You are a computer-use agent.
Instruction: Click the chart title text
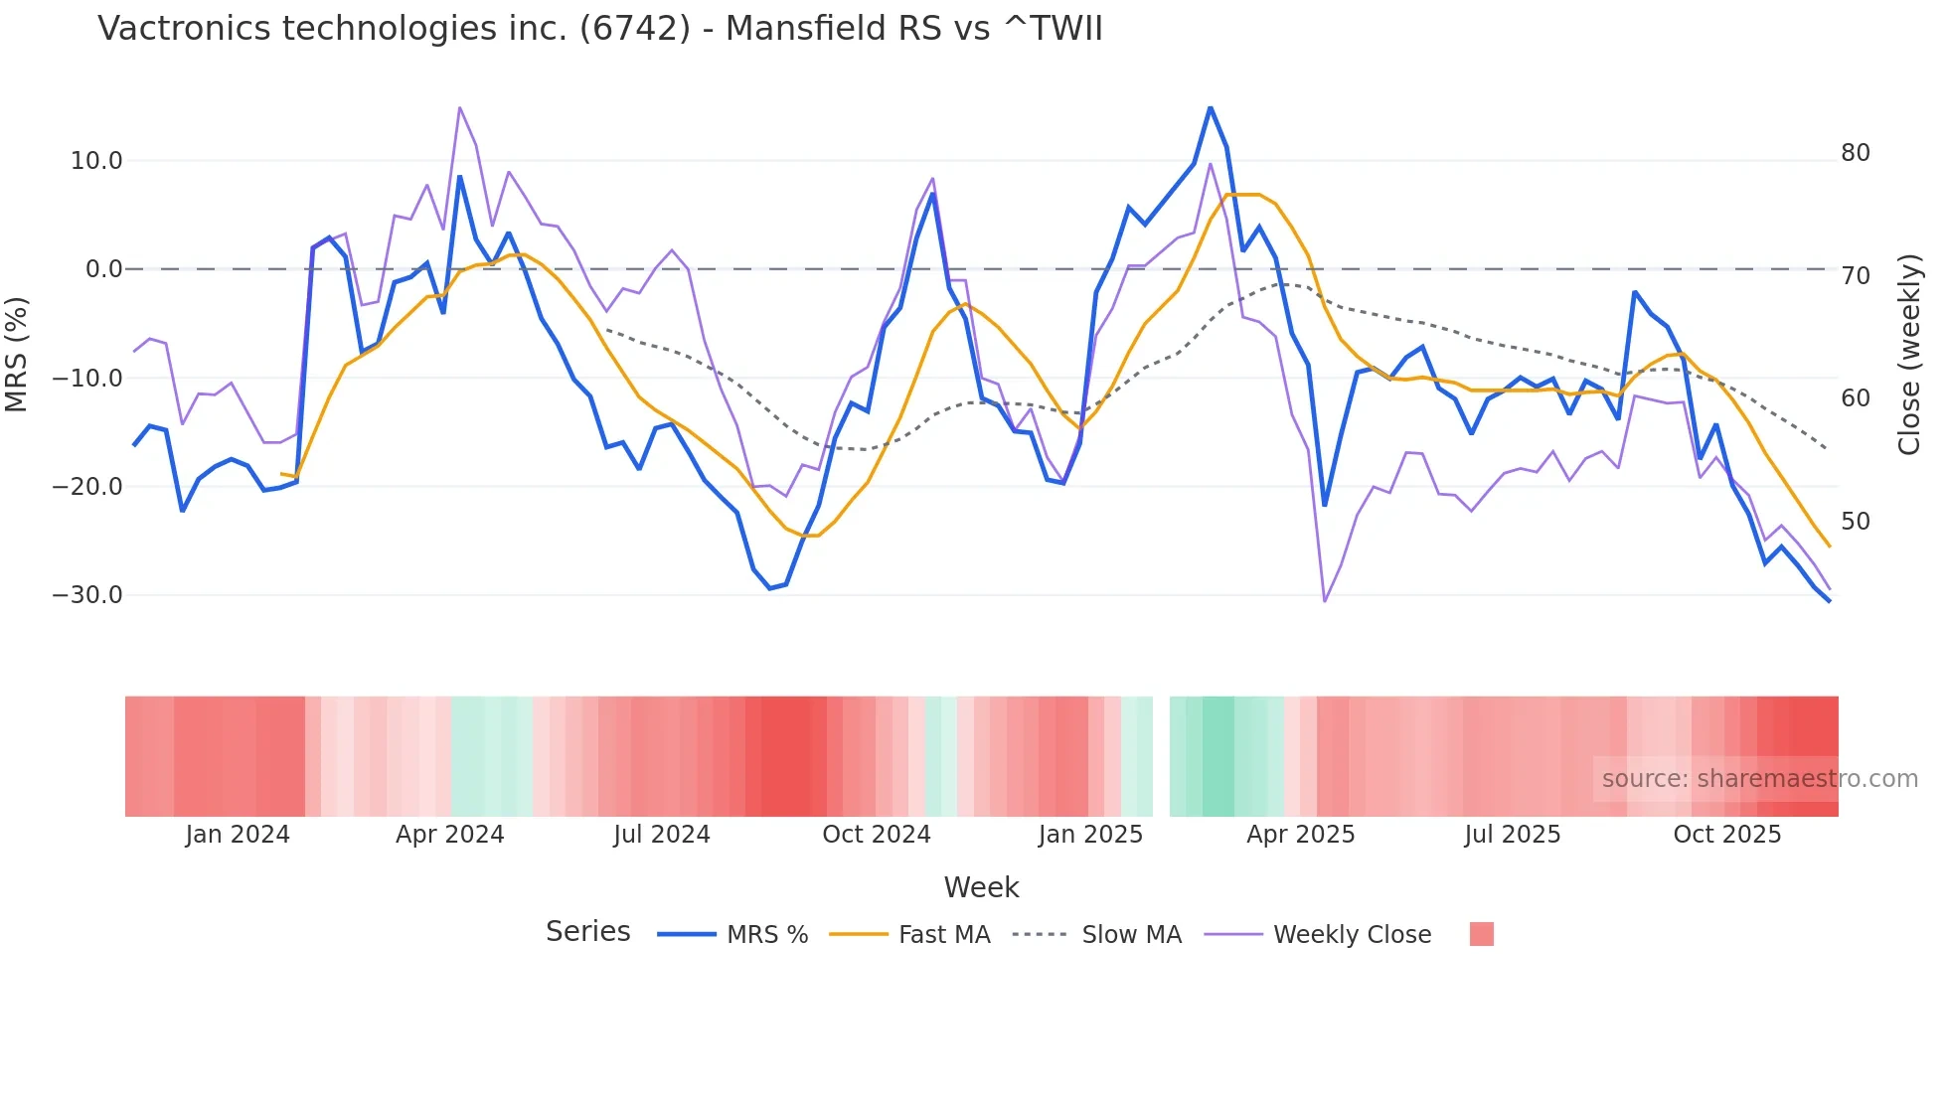click(600, 29)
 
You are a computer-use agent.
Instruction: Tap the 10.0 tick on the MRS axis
click(96, 161)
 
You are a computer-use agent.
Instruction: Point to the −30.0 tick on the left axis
click(87, 595)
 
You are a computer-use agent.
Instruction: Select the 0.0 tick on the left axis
click(104, 269)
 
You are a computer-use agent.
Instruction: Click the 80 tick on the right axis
click(1855, 153)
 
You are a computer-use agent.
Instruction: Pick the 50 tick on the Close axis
click(1855, 521)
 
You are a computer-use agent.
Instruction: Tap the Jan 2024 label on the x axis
click(238, 835)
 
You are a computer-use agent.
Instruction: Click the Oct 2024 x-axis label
click(876, 835)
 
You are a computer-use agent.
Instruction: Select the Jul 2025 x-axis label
click(1512, 835)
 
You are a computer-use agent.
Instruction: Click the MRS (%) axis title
click(17, 354)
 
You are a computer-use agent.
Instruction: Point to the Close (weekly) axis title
click(1909, 355)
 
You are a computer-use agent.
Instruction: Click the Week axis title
click(981, 887)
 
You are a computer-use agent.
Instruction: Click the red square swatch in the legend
click(1481, 934)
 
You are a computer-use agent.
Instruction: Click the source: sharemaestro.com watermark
click(1759, 779)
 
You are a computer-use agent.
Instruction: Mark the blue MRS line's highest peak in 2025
click(1210, 107)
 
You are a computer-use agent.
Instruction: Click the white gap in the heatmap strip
click(1161, 756)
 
